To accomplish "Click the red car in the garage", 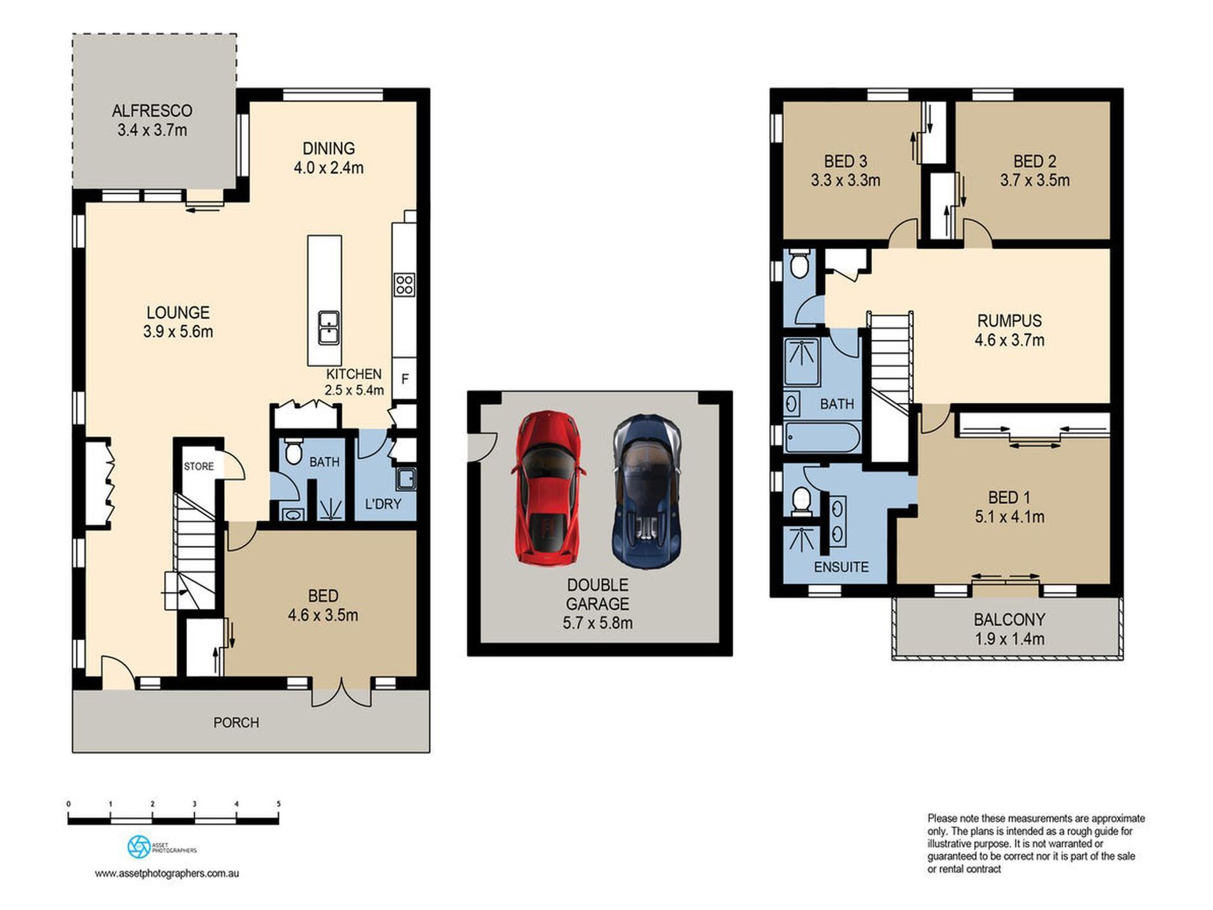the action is pyautogui.click(x=548, y=488).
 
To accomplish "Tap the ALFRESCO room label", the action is pyautogui.click(x=152, y=110).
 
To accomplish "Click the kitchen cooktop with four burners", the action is pyautogui.click(x=404, y=284).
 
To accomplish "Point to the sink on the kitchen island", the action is pyautogui.click(x=329, y=328).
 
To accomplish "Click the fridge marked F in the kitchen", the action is pyautogui.click(x=404, y=379).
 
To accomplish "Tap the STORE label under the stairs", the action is pyautogui.click(x=199, y=466).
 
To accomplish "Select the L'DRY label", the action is pyautogui.click(x=383, y=504).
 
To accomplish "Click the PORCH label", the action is pyautogui.click(x=236, y=722).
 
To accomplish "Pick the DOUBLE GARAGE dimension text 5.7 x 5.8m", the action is pyautogui.click(x=598, y=623).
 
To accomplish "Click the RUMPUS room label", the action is pyautogui.click(x=1009, y=321).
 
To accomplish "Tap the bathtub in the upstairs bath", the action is pyautogui.click(x=822, y=437).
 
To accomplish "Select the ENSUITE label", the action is pyautogui.click(x=841, y=567).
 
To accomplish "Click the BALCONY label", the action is pyautogui.click(x=1009, y=619).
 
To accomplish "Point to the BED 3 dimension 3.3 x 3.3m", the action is pyautogui.click(x=845, y=181).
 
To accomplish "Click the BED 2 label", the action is pyautogui.click(x=1034, y=161).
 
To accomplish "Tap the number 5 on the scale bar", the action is pyautogui.click(x=278, y=804).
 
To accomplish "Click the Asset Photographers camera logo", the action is pyautogui.click(x=139, y=847).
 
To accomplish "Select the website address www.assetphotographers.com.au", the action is pyautogui.click(x=167, y=874).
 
